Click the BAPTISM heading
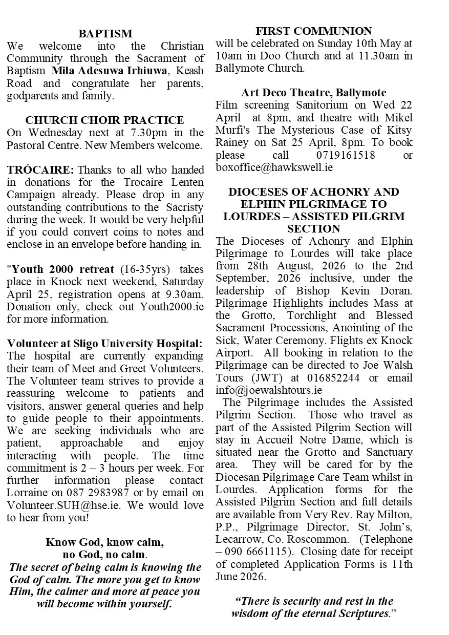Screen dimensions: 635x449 (x=105, y=34)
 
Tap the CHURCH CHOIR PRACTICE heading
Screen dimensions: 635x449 (x=104, y=121)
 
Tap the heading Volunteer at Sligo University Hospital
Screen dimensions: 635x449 (x=104, y=344)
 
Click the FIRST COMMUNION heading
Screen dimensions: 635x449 (x=314, y=31)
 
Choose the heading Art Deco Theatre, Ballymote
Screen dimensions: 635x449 (x=314, y=93)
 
